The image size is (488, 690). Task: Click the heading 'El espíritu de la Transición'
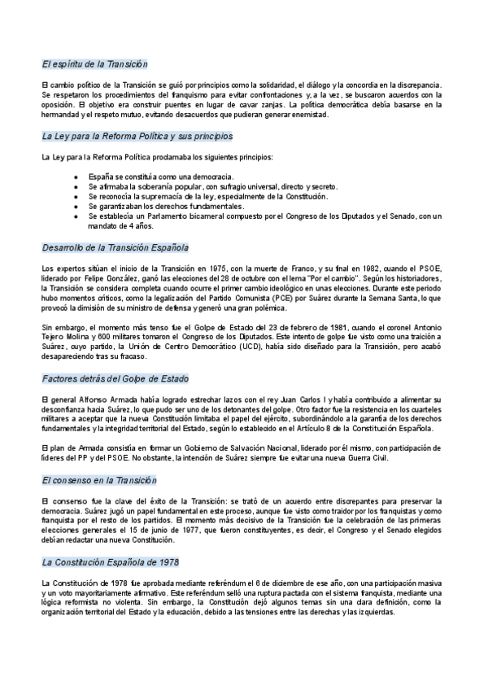tap(94, 63)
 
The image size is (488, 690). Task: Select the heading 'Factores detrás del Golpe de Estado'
tap(115, 378)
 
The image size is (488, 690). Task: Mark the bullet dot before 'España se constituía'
tap(76, 177)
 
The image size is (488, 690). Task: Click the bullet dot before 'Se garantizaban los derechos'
tap(76, 206)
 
